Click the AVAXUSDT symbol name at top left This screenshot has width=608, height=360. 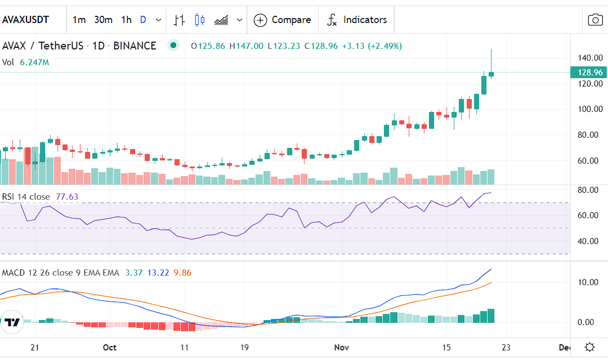coord(26,20)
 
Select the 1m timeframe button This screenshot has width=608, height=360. coord(79,20)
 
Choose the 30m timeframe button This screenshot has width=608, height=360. coord(103,20)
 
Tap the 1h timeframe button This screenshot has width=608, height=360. coord(126,20)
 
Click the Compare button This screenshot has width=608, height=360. coord(282,20)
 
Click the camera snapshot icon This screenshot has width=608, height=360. coord(595,20)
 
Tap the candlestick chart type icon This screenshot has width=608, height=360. coord(200,20)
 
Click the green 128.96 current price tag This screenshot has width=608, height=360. coord(589,72)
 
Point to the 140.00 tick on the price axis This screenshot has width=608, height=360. coord(591,58)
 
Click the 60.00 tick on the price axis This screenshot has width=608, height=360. coord(591,161)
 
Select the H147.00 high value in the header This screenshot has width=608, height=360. coord(246,46)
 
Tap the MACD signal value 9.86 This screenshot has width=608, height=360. coord(182,273)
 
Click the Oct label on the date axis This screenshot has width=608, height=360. coord(110,347)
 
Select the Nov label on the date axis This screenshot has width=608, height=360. coord(341,347)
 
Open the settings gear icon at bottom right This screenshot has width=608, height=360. coord(589,346)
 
